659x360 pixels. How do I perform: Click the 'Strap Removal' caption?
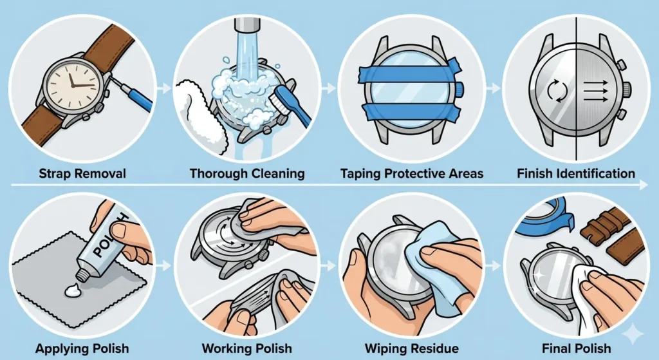coord(84,173)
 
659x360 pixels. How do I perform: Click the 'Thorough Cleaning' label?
coord(247,173)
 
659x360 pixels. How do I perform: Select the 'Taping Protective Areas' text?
coord(411,173)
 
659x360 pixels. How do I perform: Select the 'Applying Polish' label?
coord(84,348)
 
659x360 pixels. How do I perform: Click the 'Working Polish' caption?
coord(247,348)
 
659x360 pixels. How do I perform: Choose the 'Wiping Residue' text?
coord(411,348)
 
